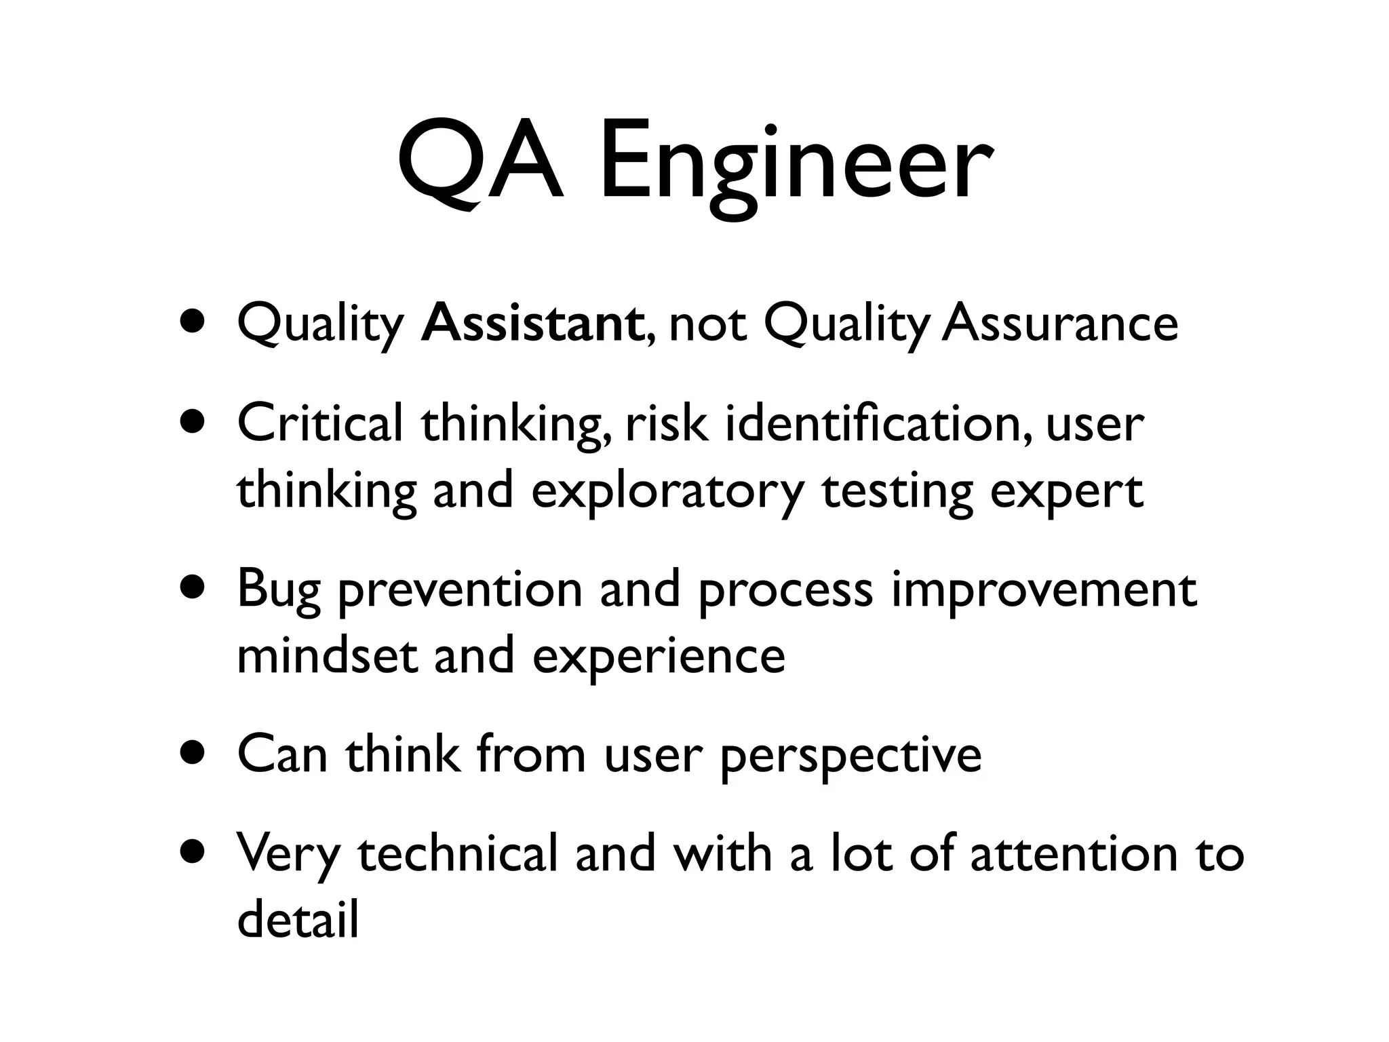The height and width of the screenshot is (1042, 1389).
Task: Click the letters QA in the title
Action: [x=480, y=163]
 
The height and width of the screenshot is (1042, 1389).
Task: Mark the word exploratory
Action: [x=667, y=492]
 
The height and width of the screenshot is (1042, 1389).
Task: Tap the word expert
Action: [x=1066, y=492]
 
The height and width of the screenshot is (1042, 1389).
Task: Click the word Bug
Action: [x=278, y=590]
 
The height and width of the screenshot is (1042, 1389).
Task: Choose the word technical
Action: [x=457, y=853]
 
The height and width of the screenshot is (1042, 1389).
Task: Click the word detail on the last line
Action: [x=298, y=919]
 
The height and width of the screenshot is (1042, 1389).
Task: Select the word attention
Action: [x=1075, y=853]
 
